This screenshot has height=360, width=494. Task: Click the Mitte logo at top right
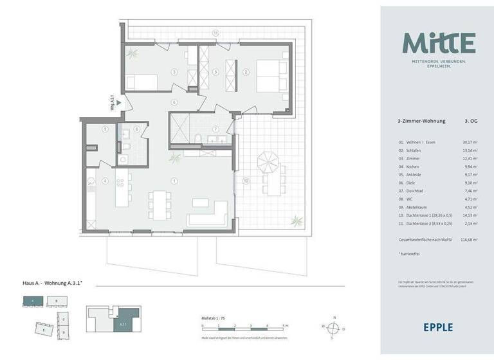[x=439, y=43]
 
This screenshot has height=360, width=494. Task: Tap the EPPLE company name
[x=437, y=327]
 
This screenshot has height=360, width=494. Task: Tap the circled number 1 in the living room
[x=174, y=181]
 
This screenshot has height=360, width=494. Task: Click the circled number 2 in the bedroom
[x=246, y=72]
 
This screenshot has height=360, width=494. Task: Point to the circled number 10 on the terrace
[x=246, y=181]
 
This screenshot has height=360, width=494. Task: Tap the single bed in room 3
[x=141, y=82]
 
